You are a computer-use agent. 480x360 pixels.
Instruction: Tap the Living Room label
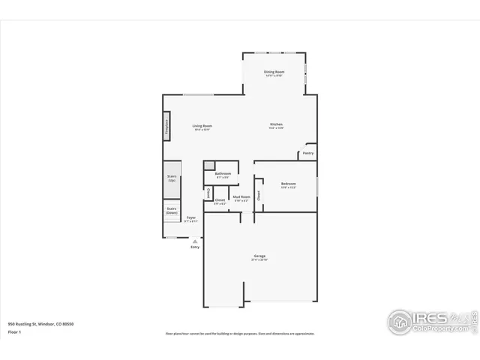click(202, 126)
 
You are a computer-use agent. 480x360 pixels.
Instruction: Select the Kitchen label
click(276, 124)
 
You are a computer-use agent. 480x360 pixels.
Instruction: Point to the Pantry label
click(307, 153)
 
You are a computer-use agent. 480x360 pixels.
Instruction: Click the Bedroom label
click(289, 184)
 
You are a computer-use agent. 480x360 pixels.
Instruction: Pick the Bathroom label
click(223, 174)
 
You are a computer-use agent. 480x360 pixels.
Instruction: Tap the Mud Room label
click(241, 199)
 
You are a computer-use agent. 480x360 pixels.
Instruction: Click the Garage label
click(259, 257)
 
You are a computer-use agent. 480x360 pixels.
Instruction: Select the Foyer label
click(191, 218)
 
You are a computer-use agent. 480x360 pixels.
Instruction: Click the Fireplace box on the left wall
click(166, 126)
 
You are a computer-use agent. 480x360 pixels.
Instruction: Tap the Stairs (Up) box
click(172, 178)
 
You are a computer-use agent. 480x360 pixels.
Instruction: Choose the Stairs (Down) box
click(172, 211)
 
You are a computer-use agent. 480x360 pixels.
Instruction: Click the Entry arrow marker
click(195, 241)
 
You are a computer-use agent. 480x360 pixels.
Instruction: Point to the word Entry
click(195, 247)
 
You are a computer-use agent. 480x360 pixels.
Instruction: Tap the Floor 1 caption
click(14, 331)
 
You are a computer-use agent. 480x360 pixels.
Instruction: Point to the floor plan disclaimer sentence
click(240, 334)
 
